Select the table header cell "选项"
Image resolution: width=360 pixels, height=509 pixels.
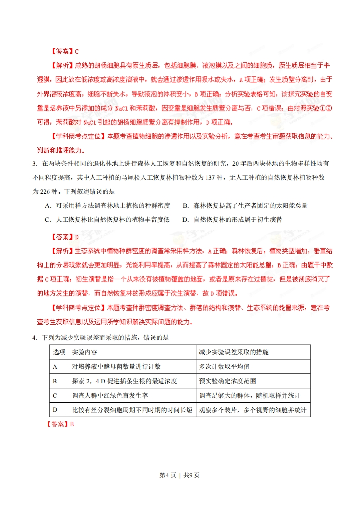point(59,352)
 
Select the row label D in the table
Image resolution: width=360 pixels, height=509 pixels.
point(55,410)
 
